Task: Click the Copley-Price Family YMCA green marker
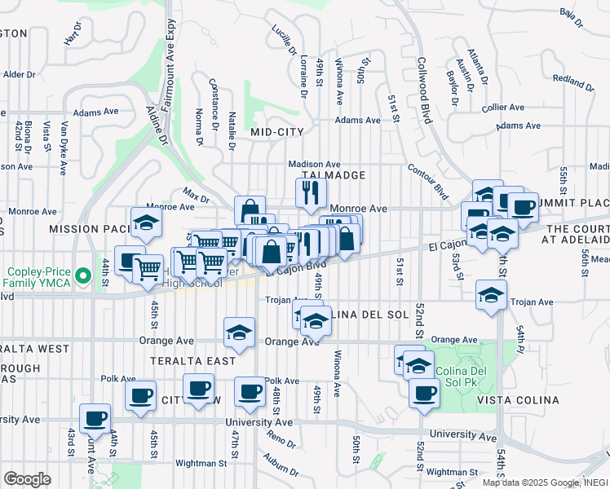coord(82,277)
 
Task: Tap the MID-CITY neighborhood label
coord(277,131)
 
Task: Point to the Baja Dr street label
coord(571,17)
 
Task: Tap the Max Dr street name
coord(196,196)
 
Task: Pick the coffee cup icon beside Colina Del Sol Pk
coord(422,394)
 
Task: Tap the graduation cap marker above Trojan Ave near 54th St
coord(492,294)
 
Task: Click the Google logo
coord(27,478)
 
